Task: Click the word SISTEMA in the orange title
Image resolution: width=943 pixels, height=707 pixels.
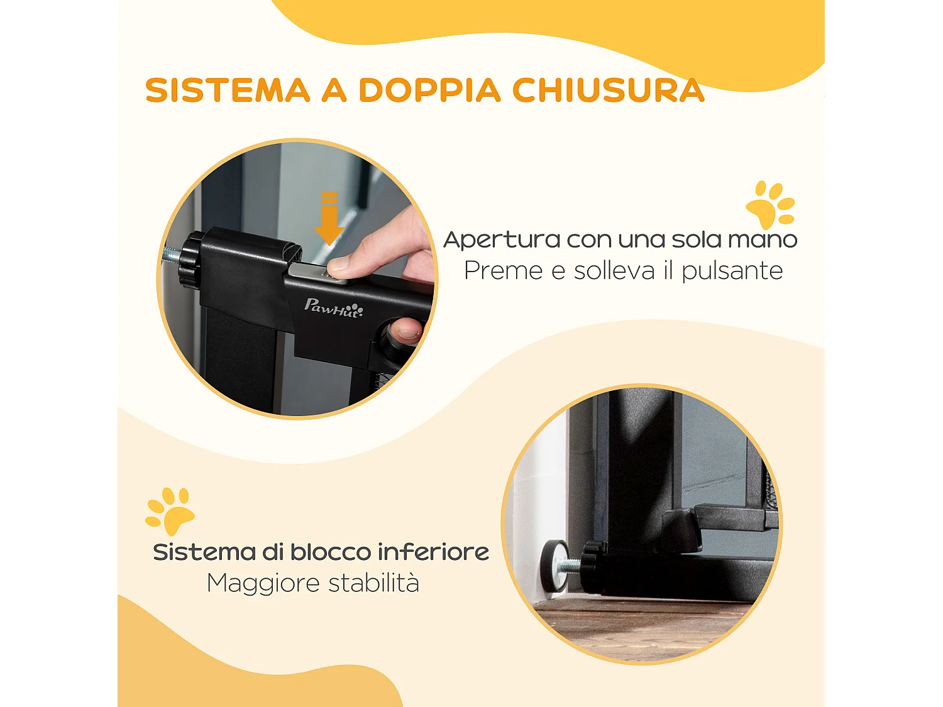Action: click(228, 90)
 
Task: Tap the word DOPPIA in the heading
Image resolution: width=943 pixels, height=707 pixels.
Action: click(429, 90)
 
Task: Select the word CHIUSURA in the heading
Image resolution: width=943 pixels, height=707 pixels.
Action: click(608, 90)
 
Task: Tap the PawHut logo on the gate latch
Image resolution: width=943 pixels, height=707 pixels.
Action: click(333, 308)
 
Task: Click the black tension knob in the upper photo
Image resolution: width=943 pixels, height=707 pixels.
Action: click(189, 258)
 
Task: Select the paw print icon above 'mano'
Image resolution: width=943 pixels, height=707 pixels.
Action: click(771, 205)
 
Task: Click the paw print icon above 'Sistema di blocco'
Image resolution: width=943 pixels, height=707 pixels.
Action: click(169, 510)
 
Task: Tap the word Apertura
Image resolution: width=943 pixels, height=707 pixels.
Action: click(502, 240)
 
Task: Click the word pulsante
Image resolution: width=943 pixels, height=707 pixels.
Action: click(732, 271)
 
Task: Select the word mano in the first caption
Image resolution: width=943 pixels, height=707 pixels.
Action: click(762, 240)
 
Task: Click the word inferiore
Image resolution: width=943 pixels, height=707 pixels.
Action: click(433, 552)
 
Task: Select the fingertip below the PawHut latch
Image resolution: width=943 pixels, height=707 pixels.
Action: click(405, 329)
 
